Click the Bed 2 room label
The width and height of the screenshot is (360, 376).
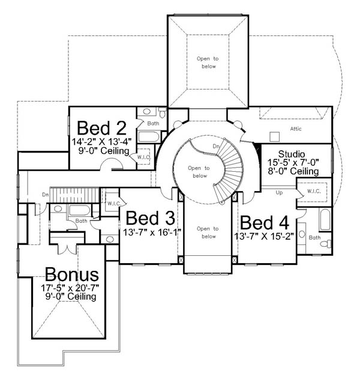click(x=101, y=128)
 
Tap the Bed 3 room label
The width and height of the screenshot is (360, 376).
click(x=151, y=218)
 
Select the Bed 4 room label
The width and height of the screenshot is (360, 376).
click(x=265, y=222)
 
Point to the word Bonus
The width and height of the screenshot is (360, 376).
click(x=72, y=274)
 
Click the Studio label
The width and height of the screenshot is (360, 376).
click(x=292, y=154)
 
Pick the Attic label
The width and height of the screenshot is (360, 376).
click(x=296, y=129)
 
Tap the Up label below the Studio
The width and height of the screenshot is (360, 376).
click(x=279, y=193)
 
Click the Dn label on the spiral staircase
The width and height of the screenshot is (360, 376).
click(x=216, y=146)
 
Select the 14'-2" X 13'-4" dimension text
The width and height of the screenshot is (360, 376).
click(x=102, y=142)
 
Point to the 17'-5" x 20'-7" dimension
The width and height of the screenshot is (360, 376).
click(x=70, y=288)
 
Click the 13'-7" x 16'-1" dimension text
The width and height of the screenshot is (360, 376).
click(x=152, y=232)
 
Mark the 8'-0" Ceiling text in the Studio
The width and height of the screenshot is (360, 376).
click(x=293, y=171)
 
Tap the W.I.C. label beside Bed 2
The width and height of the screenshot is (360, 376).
click(x=144, y=157)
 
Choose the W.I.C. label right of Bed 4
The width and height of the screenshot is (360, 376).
click(x=314, y=191)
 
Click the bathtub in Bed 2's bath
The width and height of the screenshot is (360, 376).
click(x=149, y=137)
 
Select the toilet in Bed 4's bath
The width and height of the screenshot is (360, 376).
click(x=326, y=244)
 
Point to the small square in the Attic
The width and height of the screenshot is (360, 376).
click(x=274, y=137)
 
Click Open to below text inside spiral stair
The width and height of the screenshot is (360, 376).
click(x=199, y=172)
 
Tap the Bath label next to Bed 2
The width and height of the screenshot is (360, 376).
click(x=153, y=123)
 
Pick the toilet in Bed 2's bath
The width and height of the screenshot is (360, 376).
click(x=163, y=112)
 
